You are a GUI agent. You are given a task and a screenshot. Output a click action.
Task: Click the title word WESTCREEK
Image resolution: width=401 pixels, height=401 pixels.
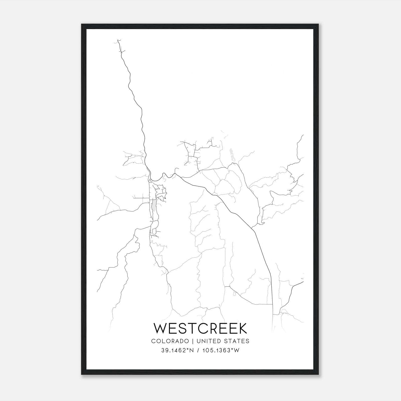[200, 328]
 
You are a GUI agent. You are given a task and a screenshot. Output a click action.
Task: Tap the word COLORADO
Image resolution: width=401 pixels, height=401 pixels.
[170, 341]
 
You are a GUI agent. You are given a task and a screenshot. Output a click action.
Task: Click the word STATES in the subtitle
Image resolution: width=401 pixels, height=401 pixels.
[237, 341]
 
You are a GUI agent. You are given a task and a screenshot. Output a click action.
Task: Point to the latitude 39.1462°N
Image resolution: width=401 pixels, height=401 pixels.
[177, 350]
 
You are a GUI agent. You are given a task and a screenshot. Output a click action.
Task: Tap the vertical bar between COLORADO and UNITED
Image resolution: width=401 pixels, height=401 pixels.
[193, 341]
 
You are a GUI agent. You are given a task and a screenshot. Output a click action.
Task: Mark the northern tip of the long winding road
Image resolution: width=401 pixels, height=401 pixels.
[118, 40]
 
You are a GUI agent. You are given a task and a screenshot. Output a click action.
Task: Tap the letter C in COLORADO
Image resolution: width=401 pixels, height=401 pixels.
[153, 341]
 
